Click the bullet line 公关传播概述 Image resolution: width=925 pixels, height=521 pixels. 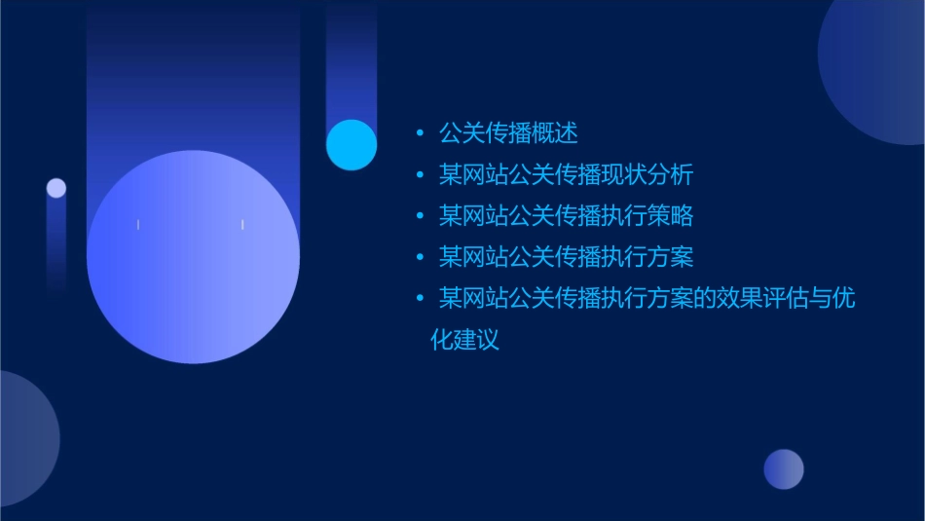pyautogui.click(x=508, y=132)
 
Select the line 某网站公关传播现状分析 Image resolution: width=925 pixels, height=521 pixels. pyautogui.click(x=566, y=174)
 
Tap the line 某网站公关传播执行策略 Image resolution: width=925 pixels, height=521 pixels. pyautogui.click(x=566, y=215)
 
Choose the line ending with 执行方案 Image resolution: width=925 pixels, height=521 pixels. pyautogui.click(x=566, y=257)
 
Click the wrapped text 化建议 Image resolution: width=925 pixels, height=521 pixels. pyautogui.click(x=464, y=340)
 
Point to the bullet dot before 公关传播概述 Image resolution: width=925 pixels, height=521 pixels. pyautogui.click(x=420, y=133)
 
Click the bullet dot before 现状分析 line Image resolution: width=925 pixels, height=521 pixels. pyautogui.click(x=420, y=175)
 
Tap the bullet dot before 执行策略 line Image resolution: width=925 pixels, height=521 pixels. pyautogui.click(x=420, y=216)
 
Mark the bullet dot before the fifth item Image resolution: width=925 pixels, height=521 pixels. pyautogui.click(x=420, y=299)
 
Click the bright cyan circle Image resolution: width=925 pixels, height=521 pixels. pyautogui.click(x=351, y=144)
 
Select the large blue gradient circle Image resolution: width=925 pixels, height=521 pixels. pyautogui.click(x=193, y=256)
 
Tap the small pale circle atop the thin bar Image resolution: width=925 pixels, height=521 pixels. pyautogui.click(x=56, y=188)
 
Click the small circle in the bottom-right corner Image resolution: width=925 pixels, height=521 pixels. pyautogui.click(x=784, y=468)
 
